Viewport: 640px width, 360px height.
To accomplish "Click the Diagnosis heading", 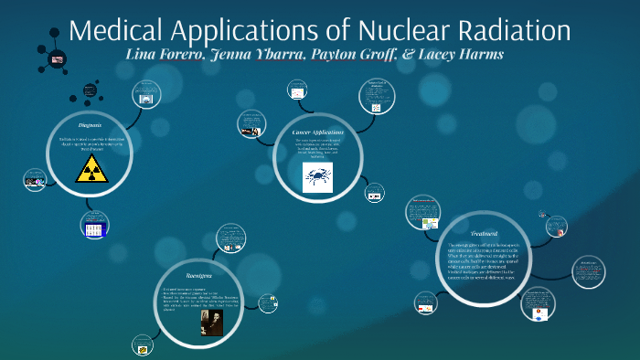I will [90, 122].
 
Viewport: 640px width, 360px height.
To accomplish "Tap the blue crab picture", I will [317, 177].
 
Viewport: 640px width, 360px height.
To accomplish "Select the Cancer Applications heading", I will [316, 132].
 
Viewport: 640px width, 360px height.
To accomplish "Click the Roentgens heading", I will [199, 274].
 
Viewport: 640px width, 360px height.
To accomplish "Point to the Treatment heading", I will [484, 234].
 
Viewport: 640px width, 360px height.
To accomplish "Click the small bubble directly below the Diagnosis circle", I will [95, 225].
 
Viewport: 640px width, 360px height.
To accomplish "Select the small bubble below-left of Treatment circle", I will [426, 301].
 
